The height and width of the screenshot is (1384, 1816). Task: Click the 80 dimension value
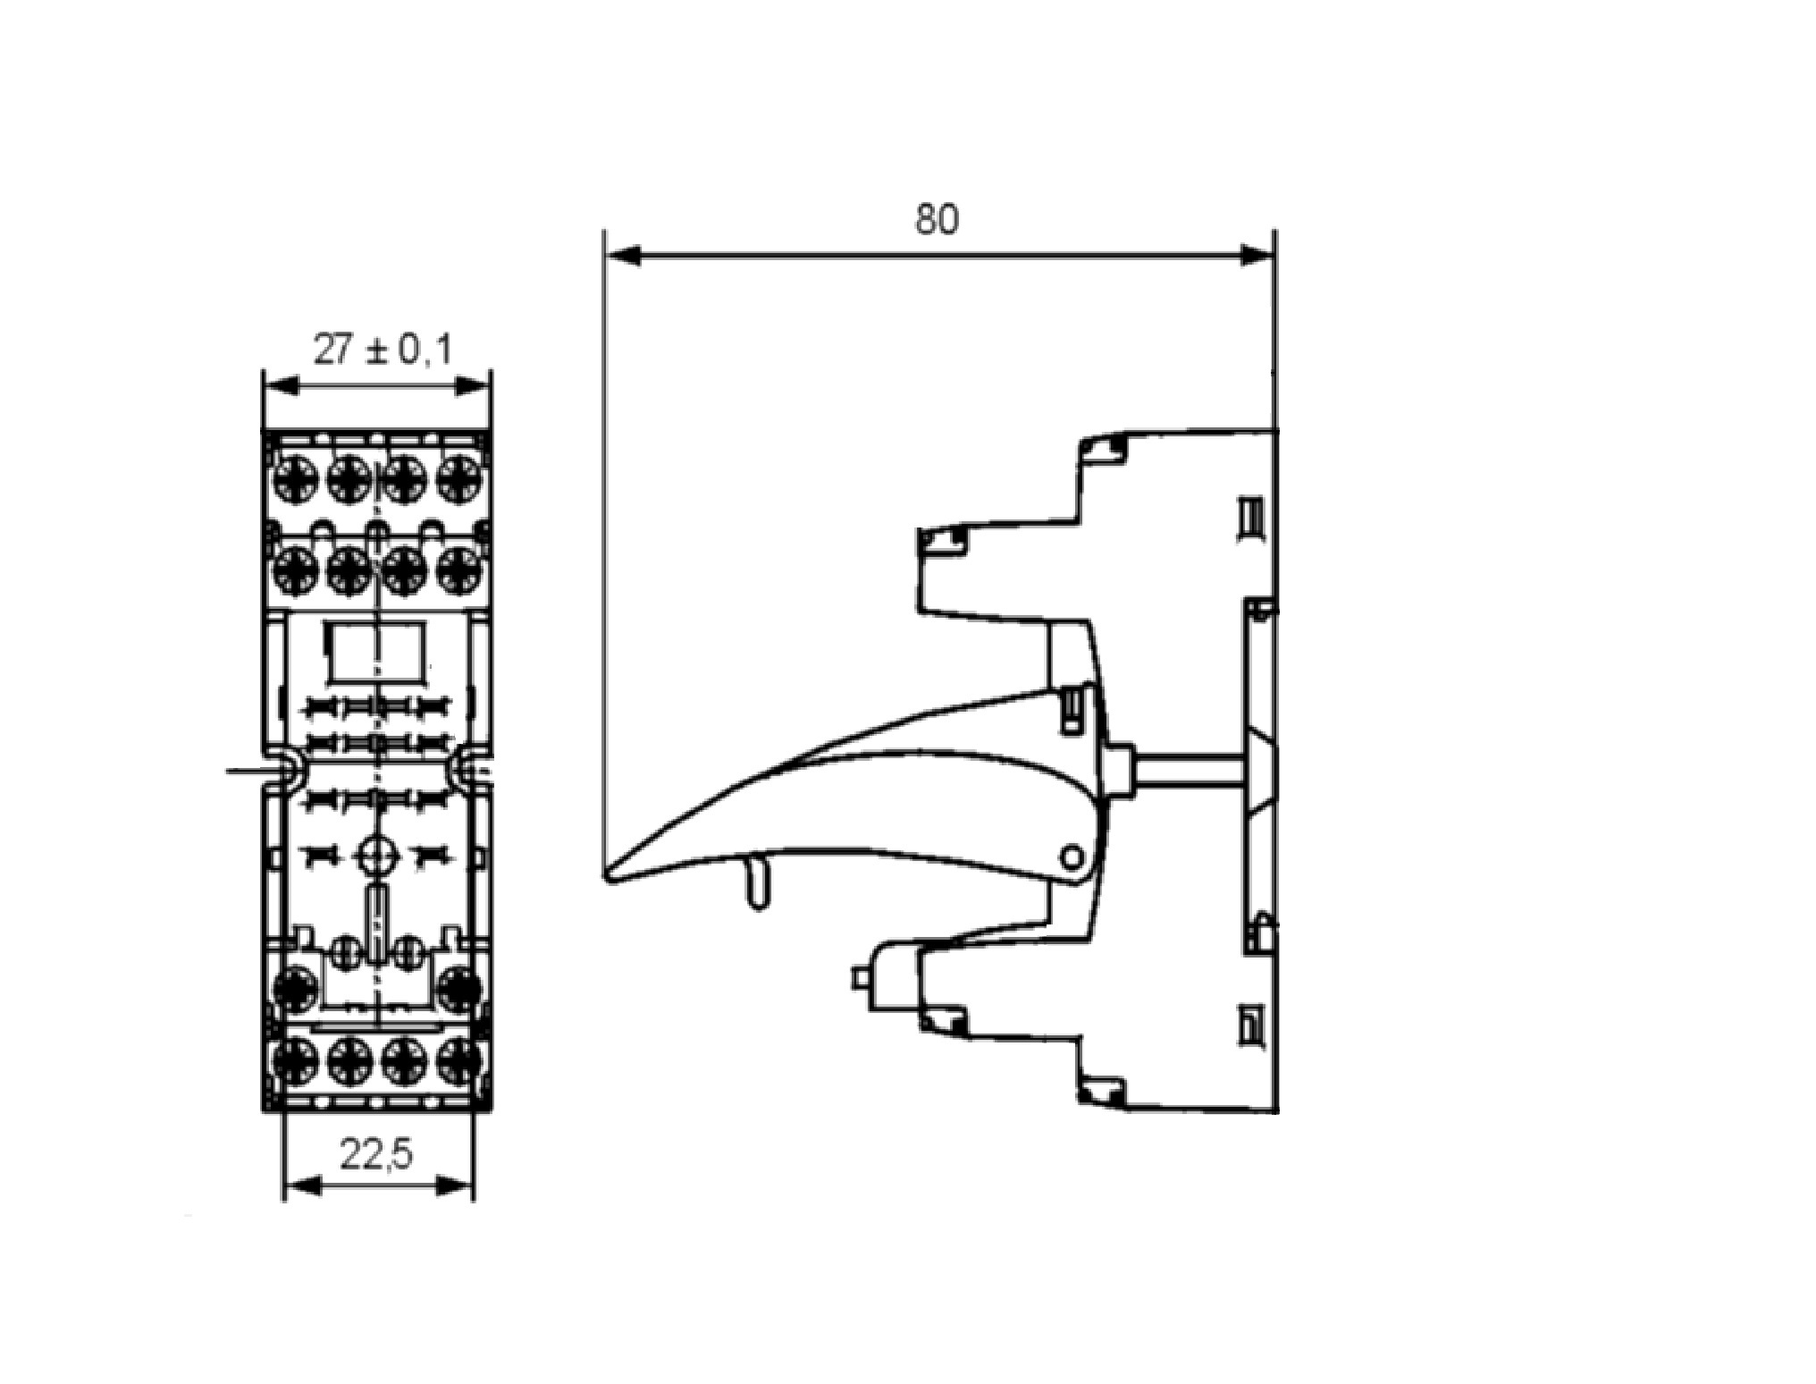coord(937,219)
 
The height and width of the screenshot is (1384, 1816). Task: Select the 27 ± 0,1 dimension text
coord(383,349)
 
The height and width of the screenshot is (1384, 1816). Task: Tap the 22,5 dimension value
coord(376,1155)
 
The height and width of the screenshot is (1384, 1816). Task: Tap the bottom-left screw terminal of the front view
coord(294,1062)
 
